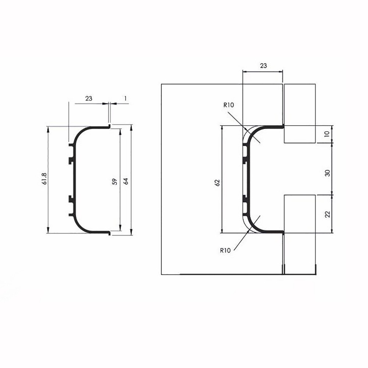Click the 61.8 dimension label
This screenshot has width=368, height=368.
(45, 178)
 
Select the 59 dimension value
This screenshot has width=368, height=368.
(114, 181)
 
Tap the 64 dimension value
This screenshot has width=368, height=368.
(126, 181)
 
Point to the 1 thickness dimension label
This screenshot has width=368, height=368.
(125, 98)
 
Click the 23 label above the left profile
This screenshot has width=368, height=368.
(89, 98)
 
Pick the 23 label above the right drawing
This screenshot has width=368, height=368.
(263, 66)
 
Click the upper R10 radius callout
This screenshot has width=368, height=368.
(229, 105)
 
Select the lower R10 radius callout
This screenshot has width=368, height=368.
(225, 250)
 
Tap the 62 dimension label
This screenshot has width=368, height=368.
(217, 183)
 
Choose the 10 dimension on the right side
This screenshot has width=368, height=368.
(328, 134)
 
